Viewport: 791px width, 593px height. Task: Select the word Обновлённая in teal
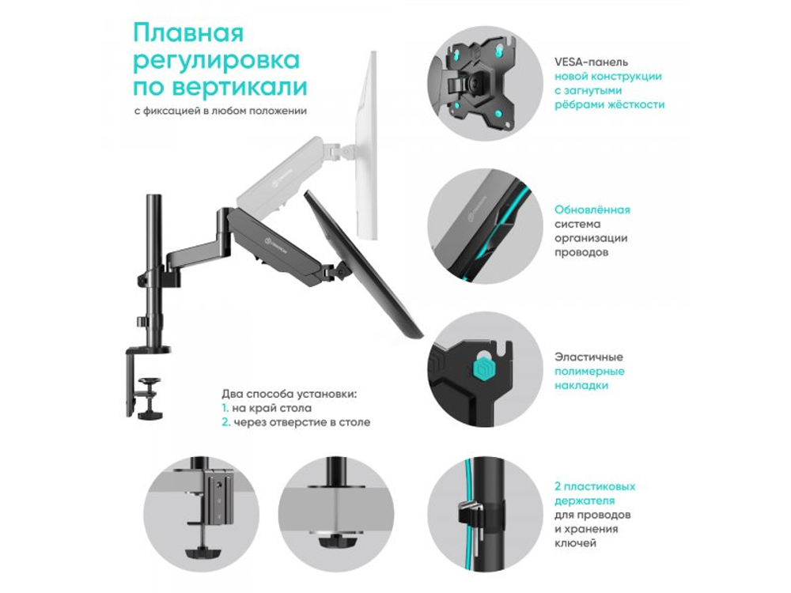coord(592,210)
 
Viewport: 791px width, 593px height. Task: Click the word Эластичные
coord(589,357)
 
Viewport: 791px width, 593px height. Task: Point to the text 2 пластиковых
coord(594,487)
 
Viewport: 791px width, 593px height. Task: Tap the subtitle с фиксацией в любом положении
coord(220,111)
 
